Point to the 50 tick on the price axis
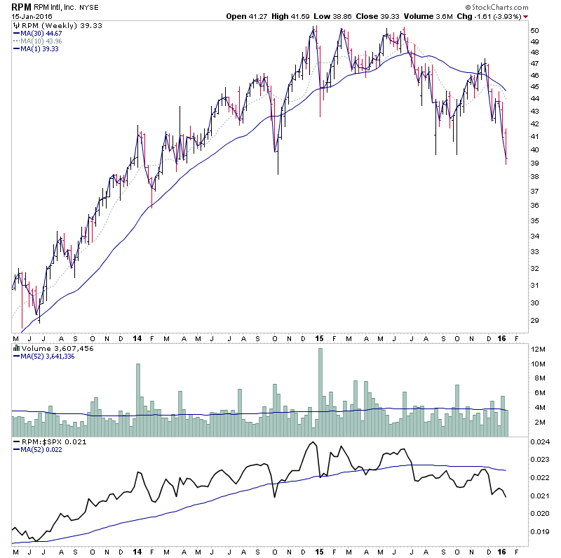[x=534, y=31]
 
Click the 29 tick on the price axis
[x=534, y=321]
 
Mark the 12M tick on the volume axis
[x=537, y=350]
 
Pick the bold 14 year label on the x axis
[x=137, y=338]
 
